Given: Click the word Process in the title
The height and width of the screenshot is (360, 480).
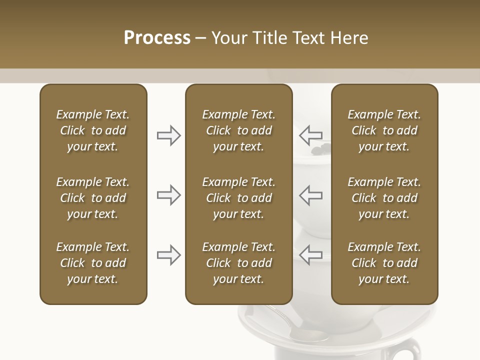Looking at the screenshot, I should (x=157, y=38).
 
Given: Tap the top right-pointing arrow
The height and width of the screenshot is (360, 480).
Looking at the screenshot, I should (x=168, y=135).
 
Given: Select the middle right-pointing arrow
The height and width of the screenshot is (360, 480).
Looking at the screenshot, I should (x=168, y=195).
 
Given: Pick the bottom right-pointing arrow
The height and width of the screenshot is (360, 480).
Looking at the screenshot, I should (x=168, y=255).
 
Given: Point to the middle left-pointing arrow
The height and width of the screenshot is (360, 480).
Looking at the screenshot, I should (x=311, y=195).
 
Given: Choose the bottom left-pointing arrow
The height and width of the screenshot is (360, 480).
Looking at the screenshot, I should (x=311, y=255).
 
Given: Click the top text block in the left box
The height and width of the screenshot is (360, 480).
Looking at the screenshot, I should (x=93, y=130).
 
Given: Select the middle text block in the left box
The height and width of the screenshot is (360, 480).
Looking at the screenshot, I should (x=93, y=198).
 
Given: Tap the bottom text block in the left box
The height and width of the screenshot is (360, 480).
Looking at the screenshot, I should (x=93, y=263).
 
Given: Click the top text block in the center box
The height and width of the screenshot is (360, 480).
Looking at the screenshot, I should (x=238, y=130).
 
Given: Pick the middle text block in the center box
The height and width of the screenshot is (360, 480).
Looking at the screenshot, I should (x=238, y=198).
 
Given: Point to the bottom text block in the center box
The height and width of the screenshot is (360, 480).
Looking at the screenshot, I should (x=238, y=263).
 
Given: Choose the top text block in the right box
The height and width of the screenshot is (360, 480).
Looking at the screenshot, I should (x=384, y=130).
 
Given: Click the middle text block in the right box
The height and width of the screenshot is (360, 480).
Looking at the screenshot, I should (x=384, y=198).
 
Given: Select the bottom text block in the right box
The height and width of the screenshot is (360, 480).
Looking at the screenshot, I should (x=384, y=263).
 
